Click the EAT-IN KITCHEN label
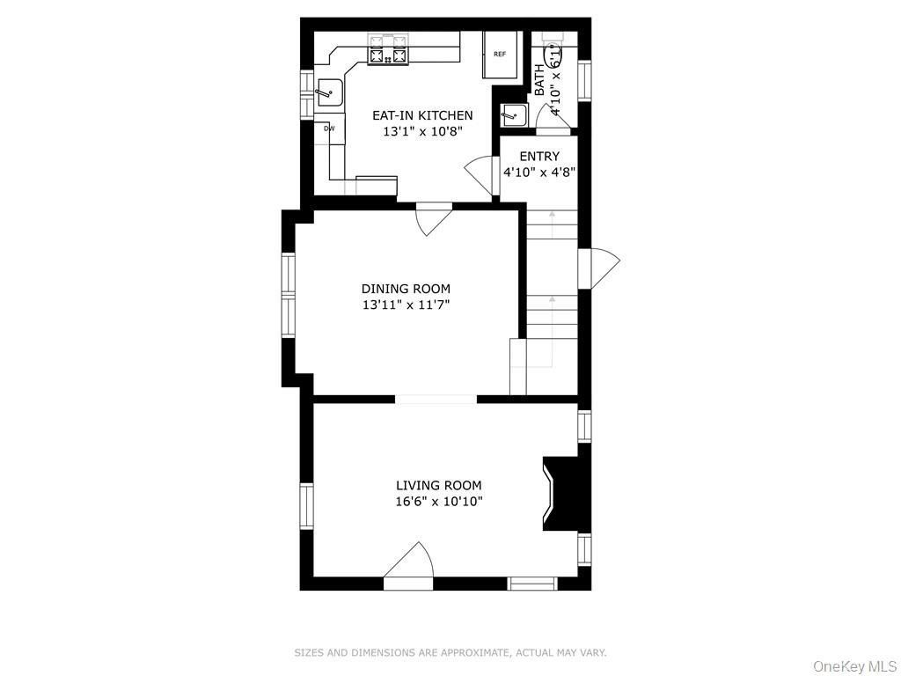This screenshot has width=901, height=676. [422, 115]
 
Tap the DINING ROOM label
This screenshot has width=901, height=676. [406, 289]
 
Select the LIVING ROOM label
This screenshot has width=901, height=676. [438, 486]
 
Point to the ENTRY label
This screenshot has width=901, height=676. [539, 157]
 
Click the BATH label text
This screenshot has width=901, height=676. [539, 80]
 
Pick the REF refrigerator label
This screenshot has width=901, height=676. [500, 54]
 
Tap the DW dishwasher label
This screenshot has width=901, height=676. [329, 129]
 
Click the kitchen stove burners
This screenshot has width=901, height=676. [388, 56]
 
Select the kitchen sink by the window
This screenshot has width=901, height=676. [330, 92]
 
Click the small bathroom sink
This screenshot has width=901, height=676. [513, 115]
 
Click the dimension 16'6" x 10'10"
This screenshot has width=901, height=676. [438, 502]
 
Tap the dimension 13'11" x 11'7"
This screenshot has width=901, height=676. [406, 305]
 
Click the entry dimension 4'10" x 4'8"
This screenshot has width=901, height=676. [539, 172]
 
